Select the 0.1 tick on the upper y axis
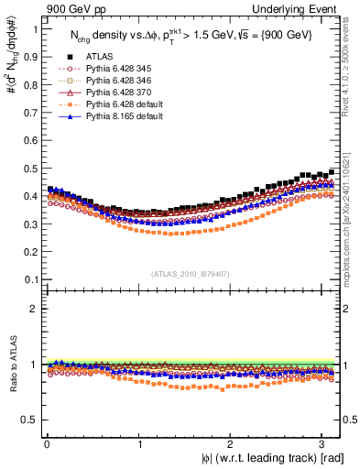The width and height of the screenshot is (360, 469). [31, 279]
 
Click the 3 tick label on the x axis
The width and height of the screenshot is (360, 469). [322, 444]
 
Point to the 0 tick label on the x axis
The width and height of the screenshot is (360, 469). [46, 444]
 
